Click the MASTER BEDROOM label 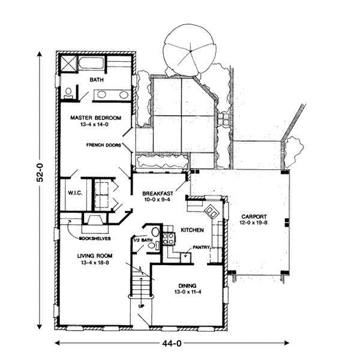95,118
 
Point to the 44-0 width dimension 172,343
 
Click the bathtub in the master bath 92,62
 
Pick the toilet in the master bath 68,93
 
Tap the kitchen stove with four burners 168,239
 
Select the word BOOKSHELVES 95,239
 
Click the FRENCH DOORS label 104,145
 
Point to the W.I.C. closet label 75,193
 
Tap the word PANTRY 201,247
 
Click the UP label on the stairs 142,306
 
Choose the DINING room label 187,286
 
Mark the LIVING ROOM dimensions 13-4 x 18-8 95,262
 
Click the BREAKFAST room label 158,193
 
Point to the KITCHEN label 192,230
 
